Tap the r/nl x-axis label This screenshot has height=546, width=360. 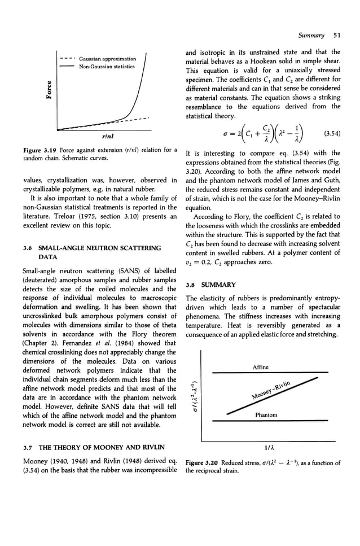pos(103,136)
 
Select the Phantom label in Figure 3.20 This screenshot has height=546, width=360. pos(266,415)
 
